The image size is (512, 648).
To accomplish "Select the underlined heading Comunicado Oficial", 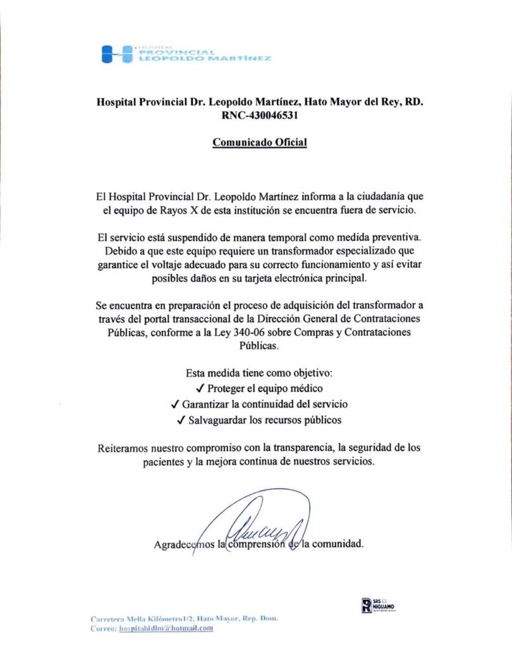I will coord(260,142).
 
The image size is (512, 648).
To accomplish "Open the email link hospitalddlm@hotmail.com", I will coord(166,628).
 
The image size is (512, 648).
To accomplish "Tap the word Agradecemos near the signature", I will coord(184,544).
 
